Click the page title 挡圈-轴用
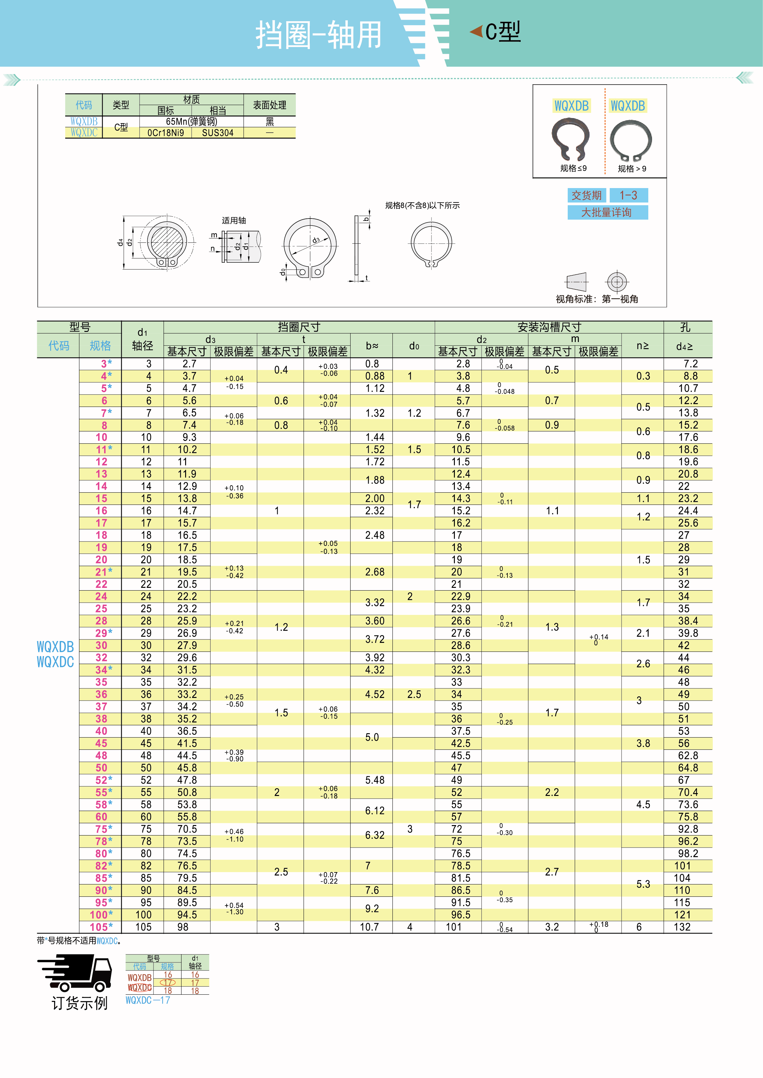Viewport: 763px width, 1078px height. [x=318, y=35]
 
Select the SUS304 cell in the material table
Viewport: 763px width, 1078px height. [x=217, y=133]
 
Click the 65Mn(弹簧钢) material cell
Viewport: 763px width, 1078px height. [x=191, y=122]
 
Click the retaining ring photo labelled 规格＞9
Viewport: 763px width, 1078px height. [x=630, y=140]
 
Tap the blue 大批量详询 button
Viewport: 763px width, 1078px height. [x=607, y=213]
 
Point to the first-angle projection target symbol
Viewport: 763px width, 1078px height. [x=617, y=282]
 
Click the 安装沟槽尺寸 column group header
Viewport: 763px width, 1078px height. [x=549, y=327]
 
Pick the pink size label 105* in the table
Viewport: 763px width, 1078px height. [x=101, y=927]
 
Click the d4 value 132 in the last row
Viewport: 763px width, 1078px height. [x=682, y=927]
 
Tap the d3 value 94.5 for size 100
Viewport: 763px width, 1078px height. [x=187, y=915]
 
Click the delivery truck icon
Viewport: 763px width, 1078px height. [x=75, y=972]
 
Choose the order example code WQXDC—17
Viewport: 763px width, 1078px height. [x=148, y=1000]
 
